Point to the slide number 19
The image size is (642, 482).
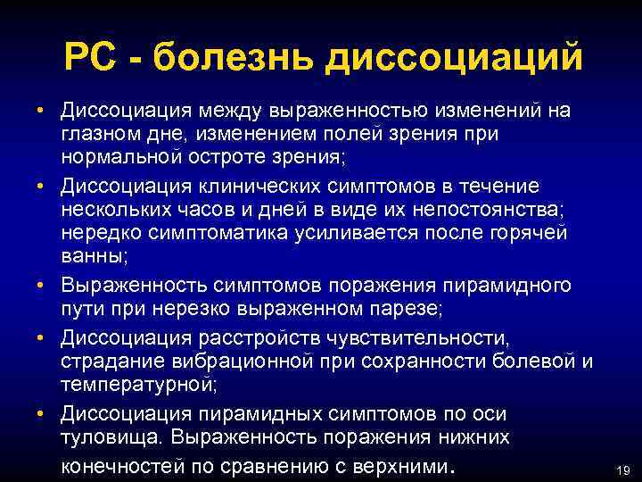point(622,470)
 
